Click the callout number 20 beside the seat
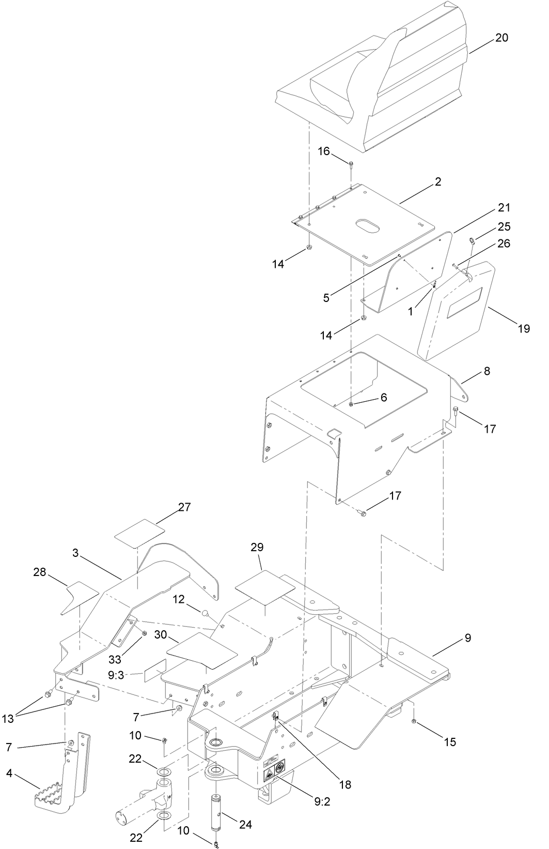(502, 38)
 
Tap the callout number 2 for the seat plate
(437, 182)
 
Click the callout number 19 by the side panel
(524, 328)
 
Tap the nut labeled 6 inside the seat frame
(351, 404)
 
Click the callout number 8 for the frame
(487, 371)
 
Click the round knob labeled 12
(206, 614)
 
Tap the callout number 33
(116, 659)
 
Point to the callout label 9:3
(116, 674)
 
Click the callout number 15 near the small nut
(450, 742)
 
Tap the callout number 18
(345, 784)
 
